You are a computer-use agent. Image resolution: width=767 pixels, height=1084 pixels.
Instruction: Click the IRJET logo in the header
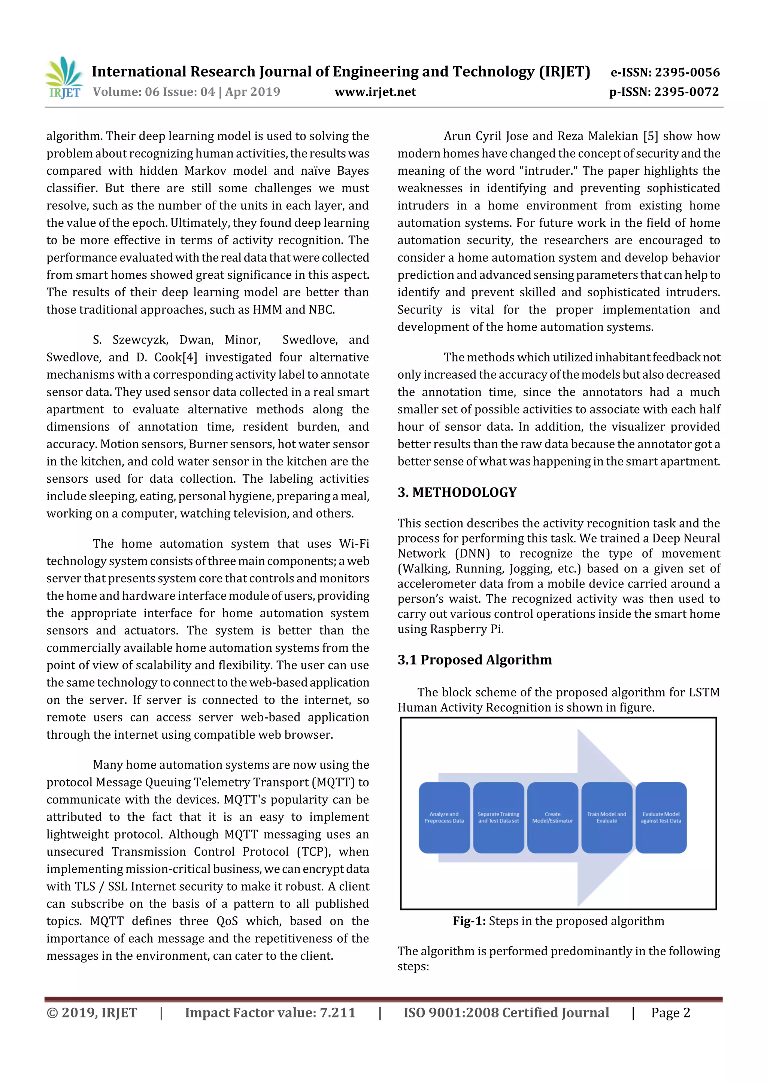coord(64,78)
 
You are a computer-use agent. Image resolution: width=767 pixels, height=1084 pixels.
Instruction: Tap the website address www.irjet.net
coord(375,92)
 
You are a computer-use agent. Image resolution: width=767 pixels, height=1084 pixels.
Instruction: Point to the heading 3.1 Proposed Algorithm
coord(475,660)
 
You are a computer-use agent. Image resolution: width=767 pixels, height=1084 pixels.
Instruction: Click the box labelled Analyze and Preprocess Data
coord(444,817)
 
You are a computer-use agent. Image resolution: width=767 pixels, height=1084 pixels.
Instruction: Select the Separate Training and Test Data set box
coord(498,817)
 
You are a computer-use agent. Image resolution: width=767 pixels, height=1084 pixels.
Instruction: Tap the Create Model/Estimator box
coord(552,817)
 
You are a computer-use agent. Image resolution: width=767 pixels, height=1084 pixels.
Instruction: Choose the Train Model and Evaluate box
coord(606,817)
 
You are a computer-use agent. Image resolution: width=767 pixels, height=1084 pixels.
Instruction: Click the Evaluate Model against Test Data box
coord(661,817)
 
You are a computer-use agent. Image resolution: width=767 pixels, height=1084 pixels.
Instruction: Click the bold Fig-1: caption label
coord(469,921)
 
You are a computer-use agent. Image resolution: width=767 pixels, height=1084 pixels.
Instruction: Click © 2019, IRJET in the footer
coord(92,1013)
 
